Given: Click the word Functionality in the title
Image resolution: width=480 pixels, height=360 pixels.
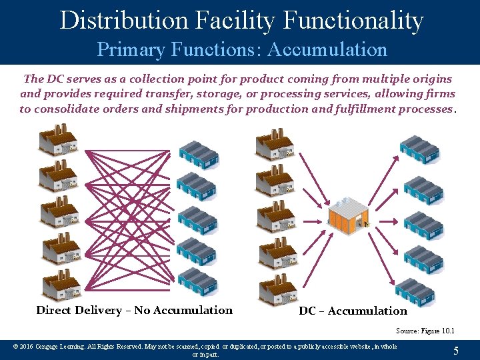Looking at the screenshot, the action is click(353, 20).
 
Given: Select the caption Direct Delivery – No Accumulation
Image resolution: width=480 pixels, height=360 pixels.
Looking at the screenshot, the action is click(135, 310).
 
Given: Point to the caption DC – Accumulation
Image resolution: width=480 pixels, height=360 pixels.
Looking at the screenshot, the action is click(353, 311).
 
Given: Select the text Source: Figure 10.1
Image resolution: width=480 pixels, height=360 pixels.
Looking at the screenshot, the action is click(425, 331).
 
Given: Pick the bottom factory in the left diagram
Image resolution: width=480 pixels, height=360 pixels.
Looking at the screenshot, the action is click(61, 283).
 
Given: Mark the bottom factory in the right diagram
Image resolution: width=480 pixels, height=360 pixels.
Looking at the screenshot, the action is click(277, 288).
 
